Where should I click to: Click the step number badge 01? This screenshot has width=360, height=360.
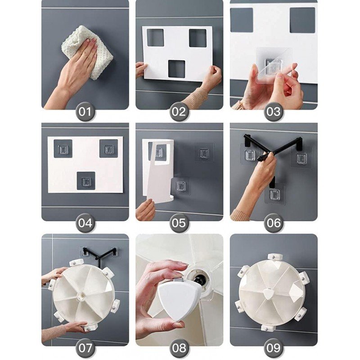(85, 112)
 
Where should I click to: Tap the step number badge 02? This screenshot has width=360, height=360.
(179, 112)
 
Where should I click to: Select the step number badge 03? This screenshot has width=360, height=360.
(274, 112)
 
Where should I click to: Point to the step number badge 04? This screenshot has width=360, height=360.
(85, 223)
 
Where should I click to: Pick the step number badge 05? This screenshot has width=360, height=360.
(179, 223)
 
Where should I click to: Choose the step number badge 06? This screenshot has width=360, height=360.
(274, 223)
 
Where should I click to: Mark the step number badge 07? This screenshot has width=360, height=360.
(85, 348)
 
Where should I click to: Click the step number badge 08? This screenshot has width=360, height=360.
(179, 348)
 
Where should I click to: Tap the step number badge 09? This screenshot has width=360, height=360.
(274, 348)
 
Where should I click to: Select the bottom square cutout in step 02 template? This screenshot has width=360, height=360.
(176, 69)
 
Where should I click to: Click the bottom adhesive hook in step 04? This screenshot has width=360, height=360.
(86, 181)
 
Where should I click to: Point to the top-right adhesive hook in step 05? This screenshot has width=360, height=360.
(204, 152)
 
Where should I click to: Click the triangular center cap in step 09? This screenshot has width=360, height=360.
(267, 294)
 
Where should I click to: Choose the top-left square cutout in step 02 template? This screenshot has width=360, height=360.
(155, 37)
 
